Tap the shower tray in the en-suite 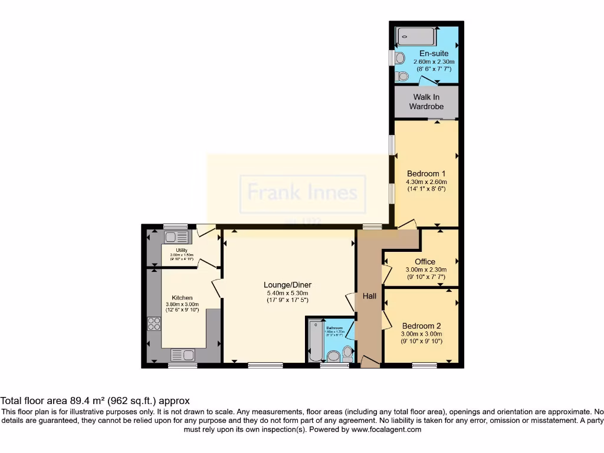416,37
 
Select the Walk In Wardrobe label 426,101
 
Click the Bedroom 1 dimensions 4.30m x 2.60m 426,182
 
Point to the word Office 425,261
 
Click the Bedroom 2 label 421,326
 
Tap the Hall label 369,296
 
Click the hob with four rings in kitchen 154,323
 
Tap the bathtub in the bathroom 314,342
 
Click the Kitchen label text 182,298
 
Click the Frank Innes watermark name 302,192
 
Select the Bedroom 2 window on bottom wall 424,366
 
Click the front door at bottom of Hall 370,362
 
